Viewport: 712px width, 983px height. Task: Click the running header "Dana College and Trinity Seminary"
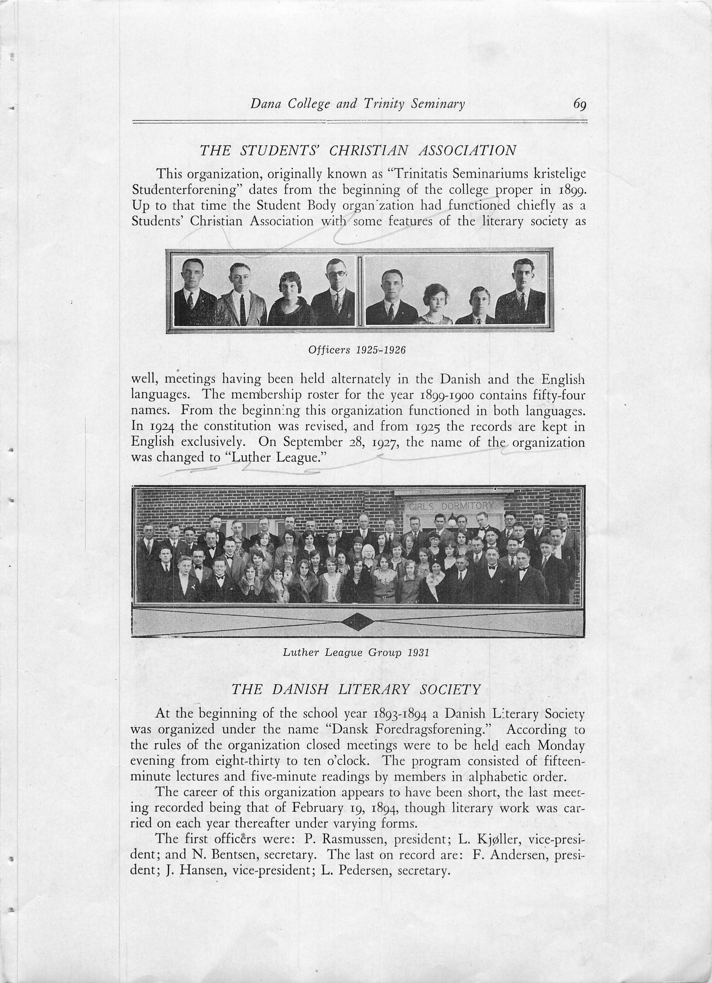point(357,104)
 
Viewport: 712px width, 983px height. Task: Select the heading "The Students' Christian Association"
point(357,150)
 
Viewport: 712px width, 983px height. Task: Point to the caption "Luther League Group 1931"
point(356,653)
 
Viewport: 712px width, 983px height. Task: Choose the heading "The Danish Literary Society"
point(356,689)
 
